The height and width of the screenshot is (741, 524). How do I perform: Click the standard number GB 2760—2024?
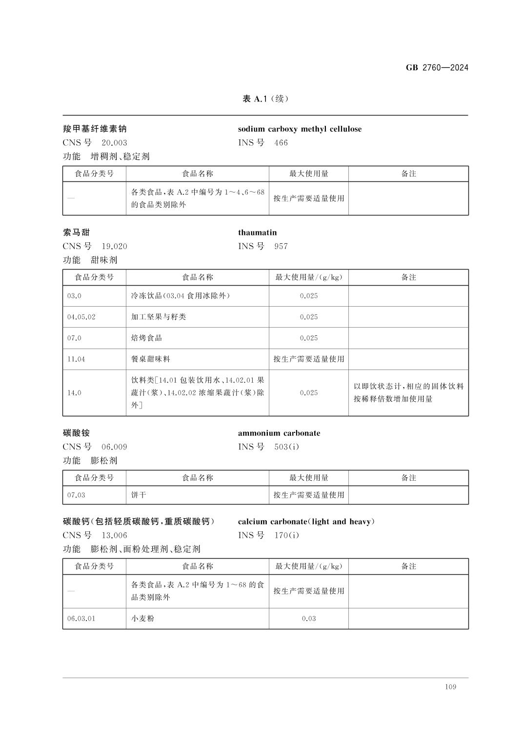pos(437,68)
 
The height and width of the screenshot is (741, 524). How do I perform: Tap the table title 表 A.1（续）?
pos(265,99)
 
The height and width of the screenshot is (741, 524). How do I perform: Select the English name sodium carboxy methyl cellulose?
pos(300,129)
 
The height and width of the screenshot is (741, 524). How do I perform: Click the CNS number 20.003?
pos(114,143)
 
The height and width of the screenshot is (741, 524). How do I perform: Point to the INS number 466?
pos(281,143)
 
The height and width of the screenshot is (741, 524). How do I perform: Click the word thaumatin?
pos(257,233)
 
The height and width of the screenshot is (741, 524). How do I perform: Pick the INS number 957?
pos(281,246)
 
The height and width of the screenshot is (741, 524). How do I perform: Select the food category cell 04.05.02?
pos(81,317)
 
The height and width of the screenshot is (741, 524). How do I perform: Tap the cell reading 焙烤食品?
pos(146,338)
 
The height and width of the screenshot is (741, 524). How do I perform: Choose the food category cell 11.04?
pos(76,359)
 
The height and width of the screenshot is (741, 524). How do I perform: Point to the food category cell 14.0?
pos(74,392)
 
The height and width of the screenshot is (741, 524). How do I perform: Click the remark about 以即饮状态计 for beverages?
pos(408,392)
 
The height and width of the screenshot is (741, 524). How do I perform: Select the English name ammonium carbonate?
pos(279,433)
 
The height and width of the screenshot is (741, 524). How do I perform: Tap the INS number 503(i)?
pos(286,447)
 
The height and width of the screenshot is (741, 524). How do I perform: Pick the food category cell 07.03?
pos(76,495)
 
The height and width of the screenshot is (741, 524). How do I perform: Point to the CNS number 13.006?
pos(114,535)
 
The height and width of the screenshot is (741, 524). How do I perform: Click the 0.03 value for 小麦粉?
pos(308,619)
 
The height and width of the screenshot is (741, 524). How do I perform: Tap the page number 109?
pos(450,687)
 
